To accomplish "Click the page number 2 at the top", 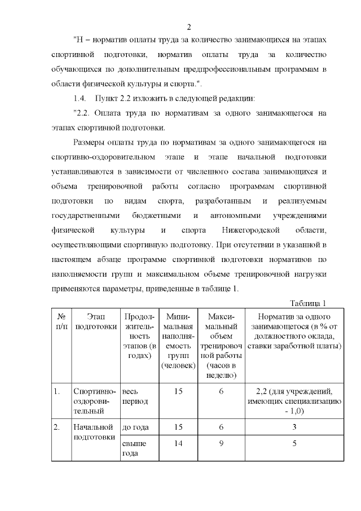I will [x=190, y=27].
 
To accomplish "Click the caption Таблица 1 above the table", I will [x=308, y=303].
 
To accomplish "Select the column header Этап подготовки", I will [x=94, y=321].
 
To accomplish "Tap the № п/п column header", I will [x=60, y=321].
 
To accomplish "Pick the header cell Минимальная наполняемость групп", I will [x=178, y=340].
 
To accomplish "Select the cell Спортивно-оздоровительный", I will [x=94, y=401].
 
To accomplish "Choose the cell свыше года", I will [x=134, y=448].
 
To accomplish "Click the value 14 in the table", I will [x=178, y=444].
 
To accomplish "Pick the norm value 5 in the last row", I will [x=294, y=444].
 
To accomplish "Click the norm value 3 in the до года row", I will [x=294, y=427].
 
